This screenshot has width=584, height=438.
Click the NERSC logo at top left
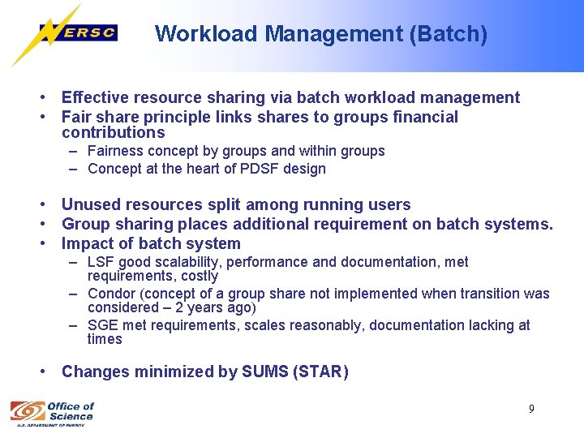point(78,33)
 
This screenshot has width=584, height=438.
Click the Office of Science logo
point(52,412)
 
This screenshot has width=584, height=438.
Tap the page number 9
point(531,409)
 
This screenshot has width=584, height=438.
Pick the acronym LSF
point(101,262)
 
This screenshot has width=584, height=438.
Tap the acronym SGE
point(102,325)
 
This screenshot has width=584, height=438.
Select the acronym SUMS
point(264,371)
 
